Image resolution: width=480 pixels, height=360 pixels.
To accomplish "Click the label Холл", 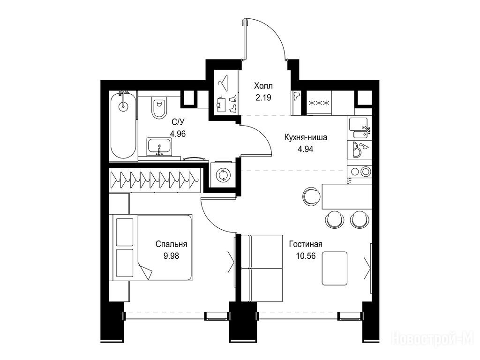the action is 263,86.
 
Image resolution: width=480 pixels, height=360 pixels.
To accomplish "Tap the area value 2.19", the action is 263,97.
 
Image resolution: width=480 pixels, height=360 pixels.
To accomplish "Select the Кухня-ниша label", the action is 306,137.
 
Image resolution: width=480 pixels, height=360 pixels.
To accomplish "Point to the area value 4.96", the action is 178,134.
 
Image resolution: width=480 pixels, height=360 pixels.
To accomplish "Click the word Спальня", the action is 171,244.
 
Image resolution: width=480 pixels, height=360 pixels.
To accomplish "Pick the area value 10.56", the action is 306,255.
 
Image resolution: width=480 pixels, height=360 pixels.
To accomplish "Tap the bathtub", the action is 123,126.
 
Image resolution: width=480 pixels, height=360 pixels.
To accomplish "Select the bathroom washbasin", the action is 159,146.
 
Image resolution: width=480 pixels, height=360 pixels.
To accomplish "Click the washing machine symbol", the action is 223,175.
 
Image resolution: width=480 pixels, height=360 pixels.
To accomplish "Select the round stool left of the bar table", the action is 311,195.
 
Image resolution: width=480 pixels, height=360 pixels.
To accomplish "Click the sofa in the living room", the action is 262,268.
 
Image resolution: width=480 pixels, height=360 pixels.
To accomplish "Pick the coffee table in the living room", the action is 335,269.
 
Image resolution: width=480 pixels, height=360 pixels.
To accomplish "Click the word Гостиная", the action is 306,244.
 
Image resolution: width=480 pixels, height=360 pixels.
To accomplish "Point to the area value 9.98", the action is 171,255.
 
